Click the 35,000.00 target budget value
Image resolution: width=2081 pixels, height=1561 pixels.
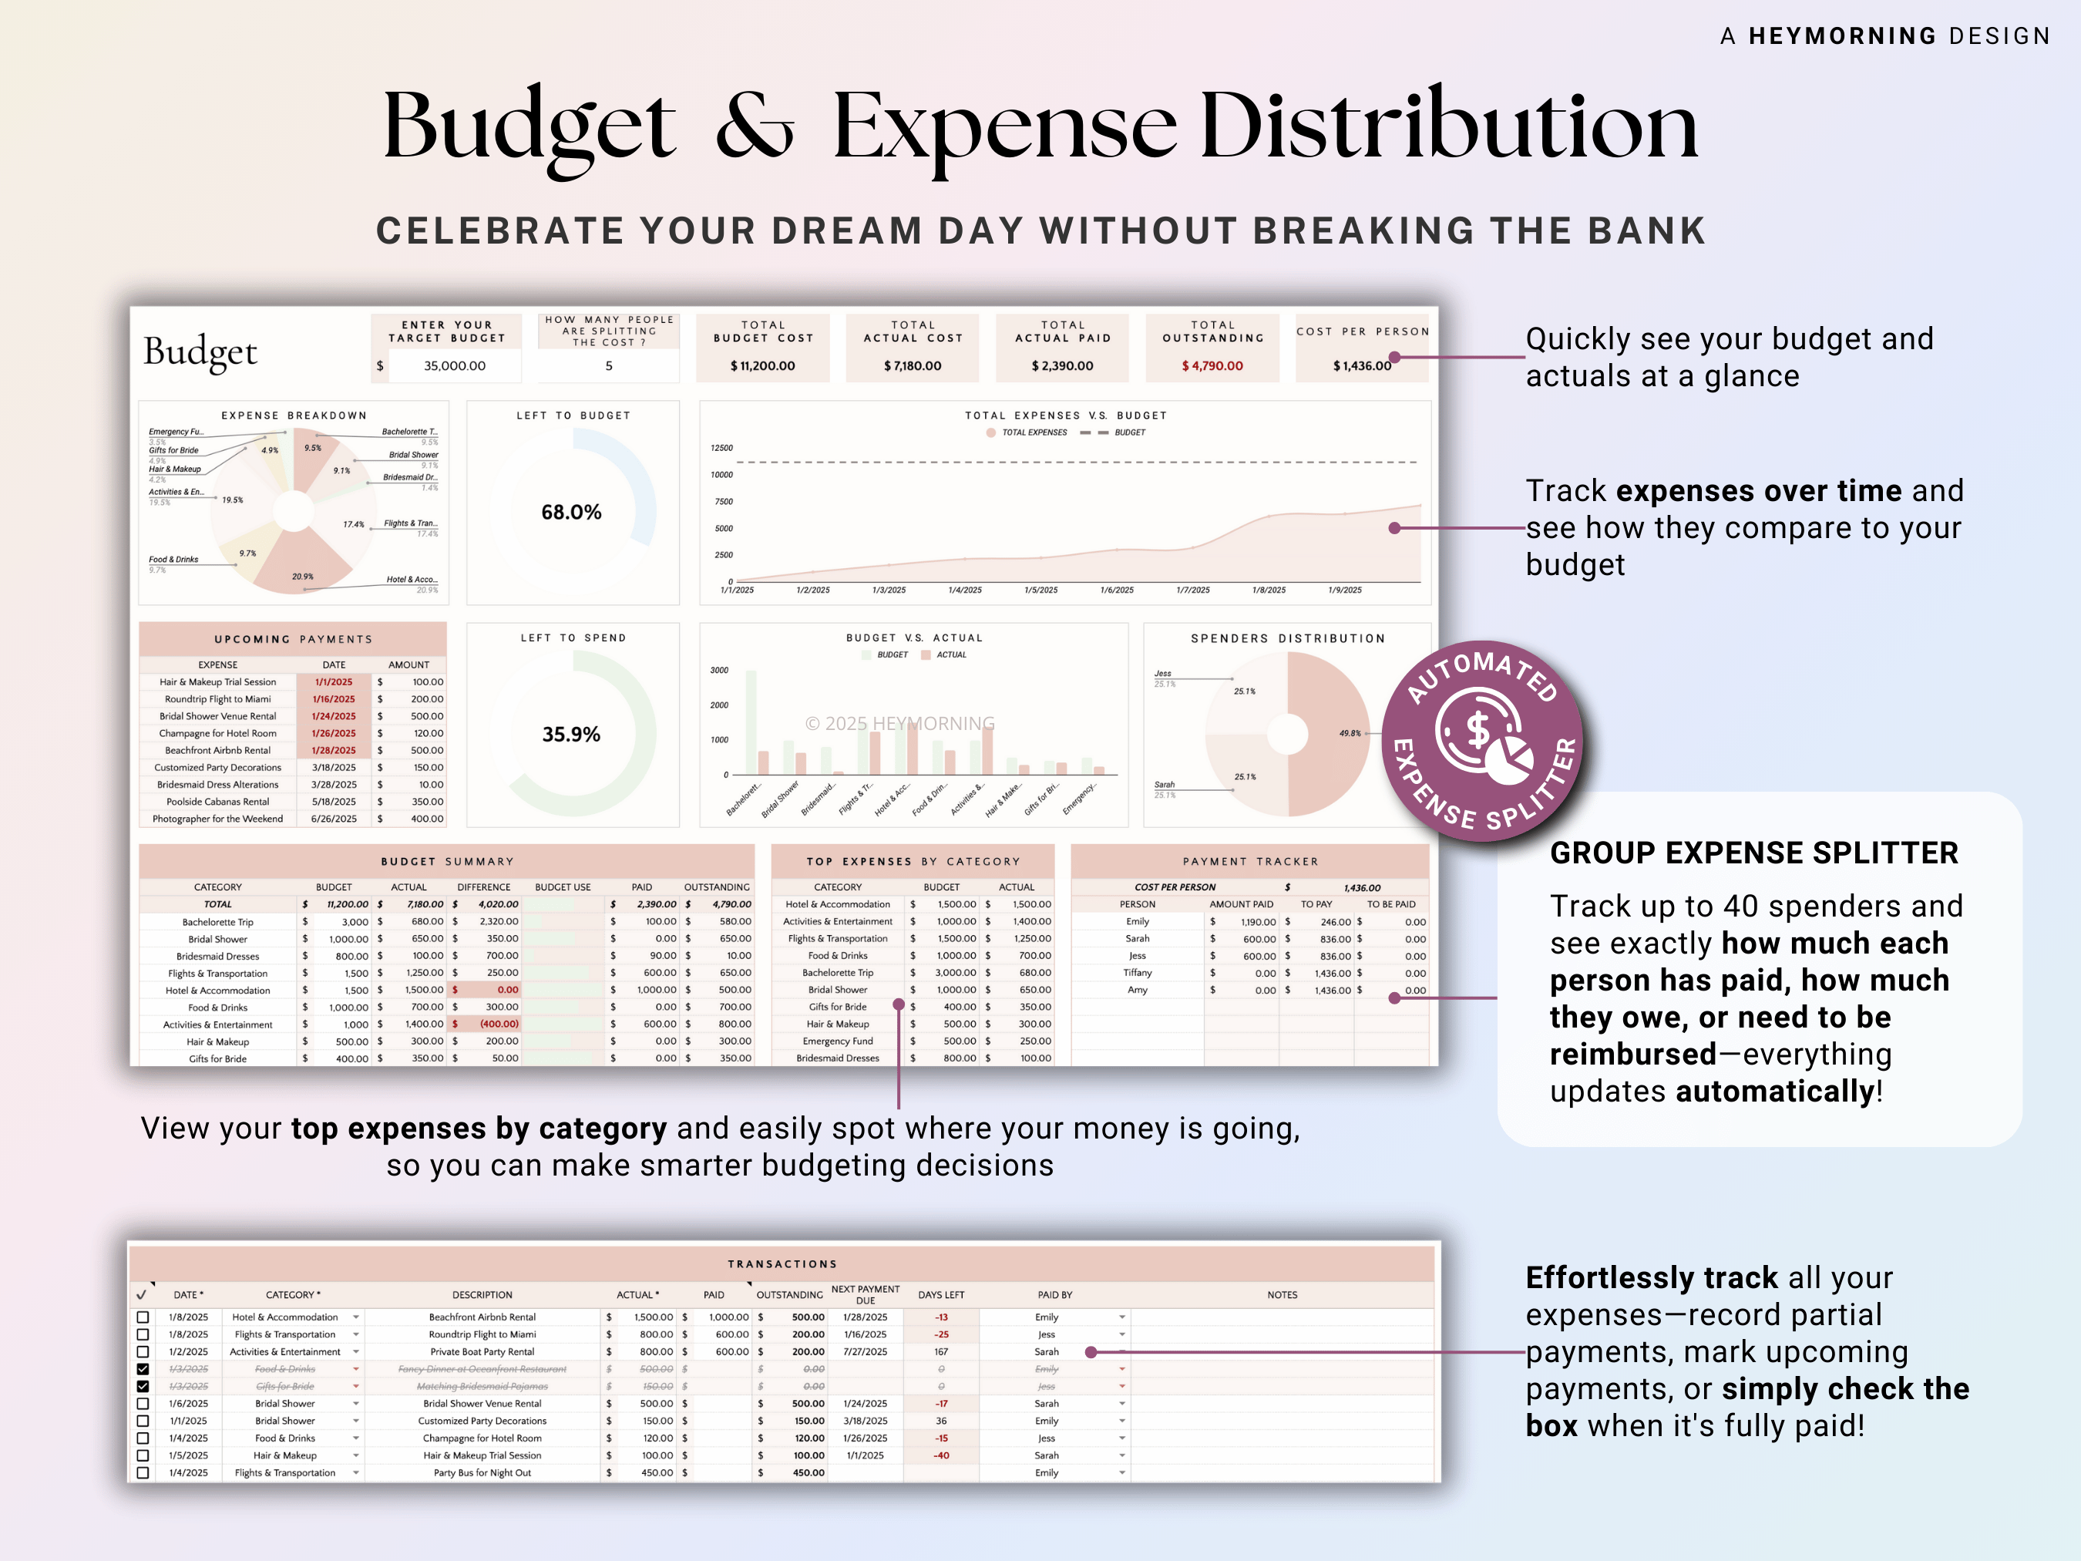455,366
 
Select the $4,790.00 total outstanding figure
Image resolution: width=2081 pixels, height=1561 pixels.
1212,366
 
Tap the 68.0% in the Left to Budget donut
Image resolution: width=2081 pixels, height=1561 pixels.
571,512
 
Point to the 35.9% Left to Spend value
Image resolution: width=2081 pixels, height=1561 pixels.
571,734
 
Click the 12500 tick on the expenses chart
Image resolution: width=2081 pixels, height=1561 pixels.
721,448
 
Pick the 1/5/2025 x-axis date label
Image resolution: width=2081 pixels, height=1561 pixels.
1040,590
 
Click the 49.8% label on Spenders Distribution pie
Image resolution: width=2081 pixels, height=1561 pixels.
1349,733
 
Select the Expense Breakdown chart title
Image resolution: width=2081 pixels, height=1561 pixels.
294,415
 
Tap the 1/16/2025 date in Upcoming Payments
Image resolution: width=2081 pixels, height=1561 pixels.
334,699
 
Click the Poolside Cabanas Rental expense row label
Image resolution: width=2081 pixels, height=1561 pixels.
217,802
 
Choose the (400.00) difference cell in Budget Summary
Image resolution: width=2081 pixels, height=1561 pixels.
499,1024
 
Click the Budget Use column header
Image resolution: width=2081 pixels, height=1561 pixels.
563,886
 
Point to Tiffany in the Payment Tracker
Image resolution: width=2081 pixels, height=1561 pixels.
1138,973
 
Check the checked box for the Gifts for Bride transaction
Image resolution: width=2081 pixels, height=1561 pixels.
143,1386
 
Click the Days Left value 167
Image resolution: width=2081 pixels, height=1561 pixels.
941,1351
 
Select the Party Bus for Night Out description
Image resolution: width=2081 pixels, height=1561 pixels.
482,1472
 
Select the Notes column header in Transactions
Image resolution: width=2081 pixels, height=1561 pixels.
1281,1295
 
